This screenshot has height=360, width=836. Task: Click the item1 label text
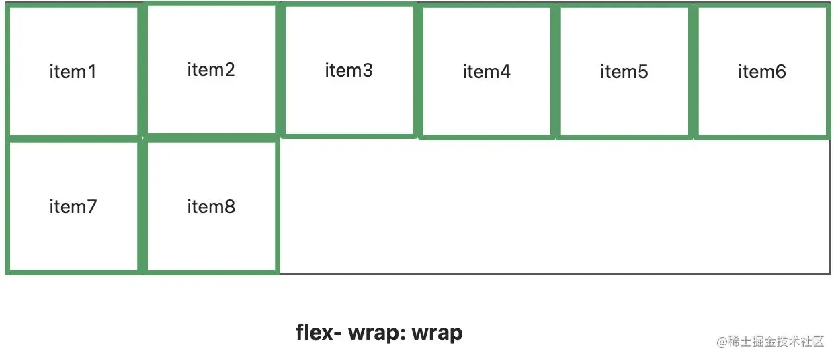[x=73, y=71]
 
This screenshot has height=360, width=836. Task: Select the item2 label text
[x=211, y=69]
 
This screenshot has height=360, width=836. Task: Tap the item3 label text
[x=349, y=70]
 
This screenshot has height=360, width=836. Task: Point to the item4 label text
[x=487, y=71]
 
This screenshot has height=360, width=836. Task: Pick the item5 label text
[x=624, y=71]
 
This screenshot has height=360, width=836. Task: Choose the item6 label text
[x=762, y=71]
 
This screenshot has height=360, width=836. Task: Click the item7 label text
[x=73, y=206]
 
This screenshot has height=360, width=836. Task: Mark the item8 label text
[x=211, y=206]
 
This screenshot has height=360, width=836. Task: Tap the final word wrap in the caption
[x=437, y=332]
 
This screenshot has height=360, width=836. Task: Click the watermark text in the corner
[x=770, y=341]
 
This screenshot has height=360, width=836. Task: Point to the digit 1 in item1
[x=92, y=71]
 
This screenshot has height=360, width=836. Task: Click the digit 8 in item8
[x=230, y=206]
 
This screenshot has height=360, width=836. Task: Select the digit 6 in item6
[x=780, y=71]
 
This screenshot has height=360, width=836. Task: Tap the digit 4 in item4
[x=505, y=71]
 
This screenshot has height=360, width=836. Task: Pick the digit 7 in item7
[x=92, y=206]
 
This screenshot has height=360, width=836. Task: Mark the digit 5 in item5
[x=643, y=71]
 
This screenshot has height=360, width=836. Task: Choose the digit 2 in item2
[x=230, y=69]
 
